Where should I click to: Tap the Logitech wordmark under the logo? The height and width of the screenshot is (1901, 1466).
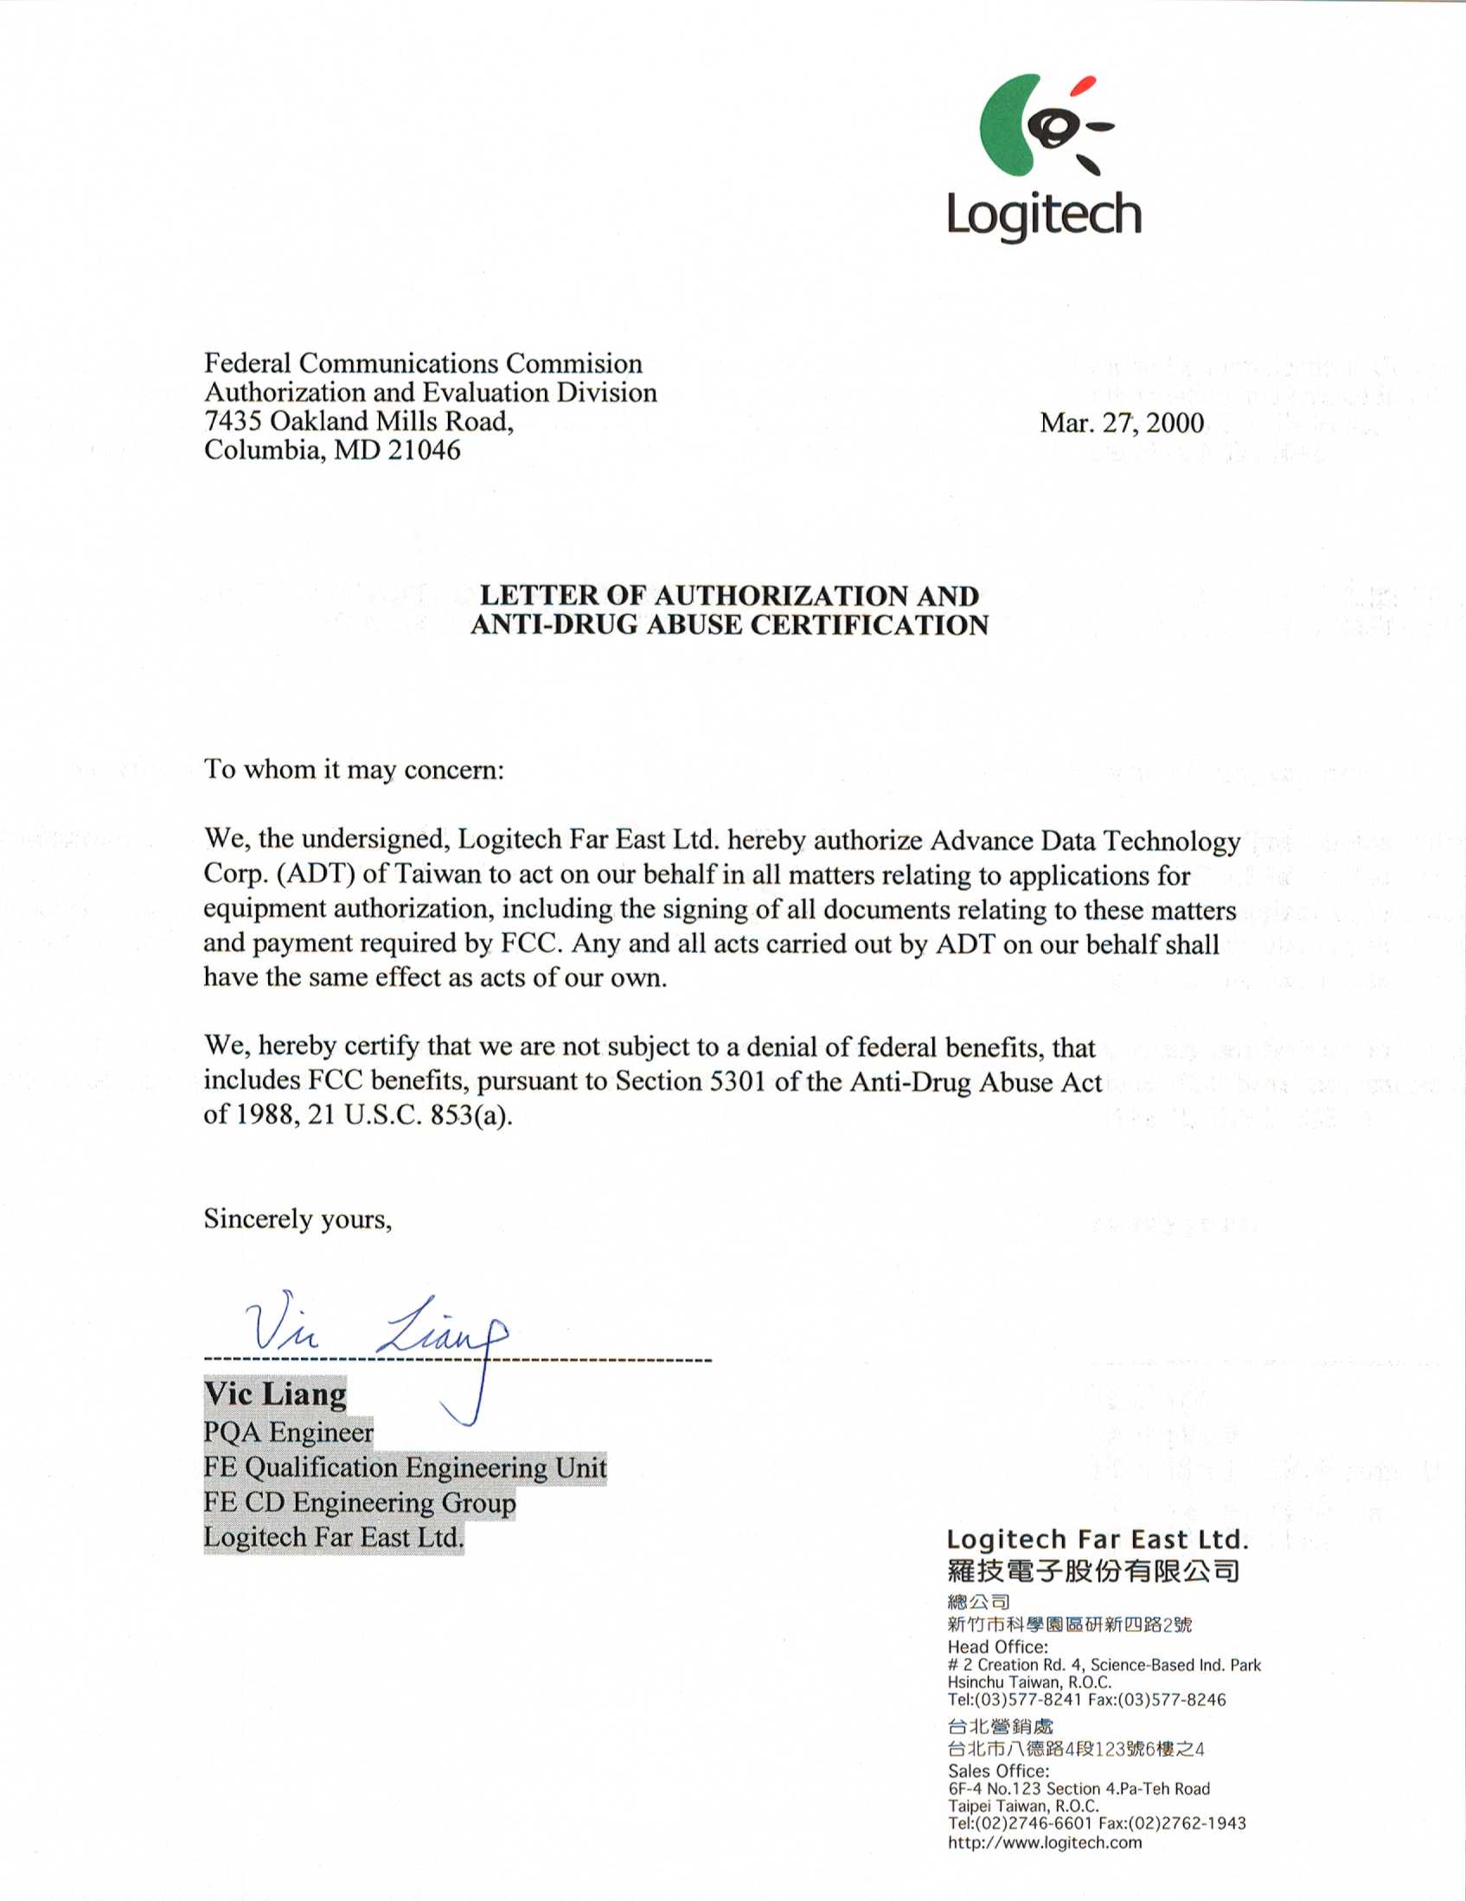pyautogui.click(x=1044, y=215)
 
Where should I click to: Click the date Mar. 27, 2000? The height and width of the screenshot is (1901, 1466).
pyautogui.click(x=1121, y=423)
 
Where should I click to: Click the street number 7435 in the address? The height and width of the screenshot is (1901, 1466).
pyautogui.click(x=233, y=421)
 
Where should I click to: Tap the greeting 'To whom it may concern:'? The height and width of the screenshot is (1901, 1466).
pyautogui.click(x=354, y=770)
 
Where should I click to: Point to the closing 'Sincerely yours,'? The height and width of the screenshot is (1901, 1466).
pyautogui.click(x=298, y=1219)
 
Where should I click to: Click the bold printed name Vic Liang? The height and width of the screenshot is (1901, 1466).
pyautogui.click(x=275, y=1393)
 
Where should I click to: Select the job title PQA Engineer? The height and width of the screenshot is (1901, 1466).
pyautogui.click(x=288, y=1432)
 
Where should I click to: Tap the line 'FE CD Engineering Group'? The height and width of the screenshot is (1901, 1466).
pyautogui.click(x=360, y=1502)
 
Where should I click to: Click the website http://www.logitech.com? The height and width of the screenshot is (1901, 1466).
pyautogui.click(x=1045, y=1842)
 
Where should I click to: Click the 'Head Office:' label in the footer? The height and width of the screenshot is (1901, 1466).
pyautogui.click(x=997, y=1647)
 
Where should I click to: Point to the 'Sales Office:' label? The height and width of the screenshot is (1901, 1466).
pyautogui.click(x=998, y=1770)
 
